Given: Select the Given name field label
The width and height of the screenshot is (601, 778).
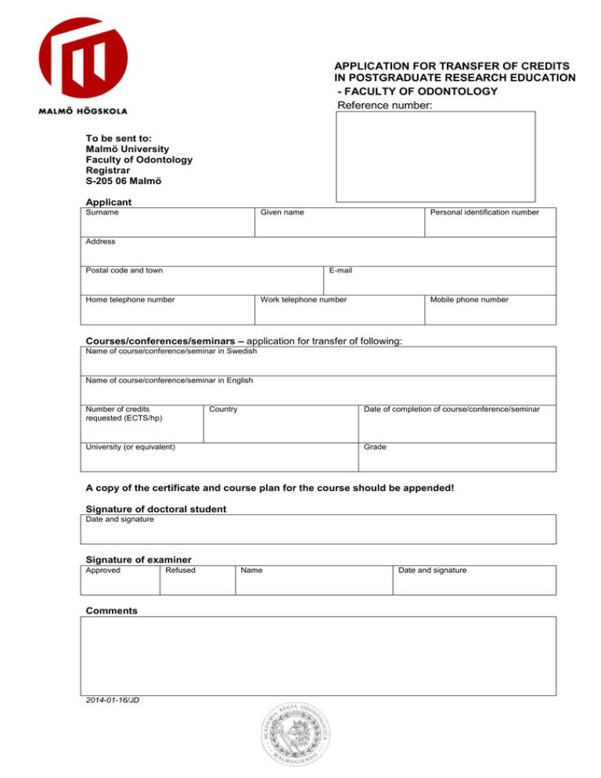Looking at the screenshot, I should click(283, 213).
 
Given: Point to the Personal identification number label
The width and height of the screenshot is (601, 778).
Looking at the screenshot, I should click(484, 213).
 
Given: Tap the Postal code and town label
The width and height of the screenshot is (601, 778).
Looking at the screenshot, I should click(124, 271).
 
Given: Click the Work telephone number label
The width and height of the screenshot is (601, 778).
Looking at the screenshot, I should click(304, 300).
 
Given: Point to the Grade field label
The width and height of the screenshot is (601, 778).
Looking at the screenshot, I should click(375, 448).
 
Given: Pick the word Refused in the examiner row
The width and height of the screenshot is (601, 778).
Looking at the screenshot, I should click(180, 571).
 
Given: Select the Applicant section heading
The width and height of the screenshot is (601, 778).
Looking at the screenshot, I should click(108, 202).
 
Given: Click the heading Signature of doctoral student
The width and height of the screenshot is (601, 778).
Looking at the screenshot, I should click(156, 509).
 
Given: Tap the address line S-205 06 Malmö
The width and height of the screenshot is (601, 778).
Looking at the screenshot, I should click(124, 182).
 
